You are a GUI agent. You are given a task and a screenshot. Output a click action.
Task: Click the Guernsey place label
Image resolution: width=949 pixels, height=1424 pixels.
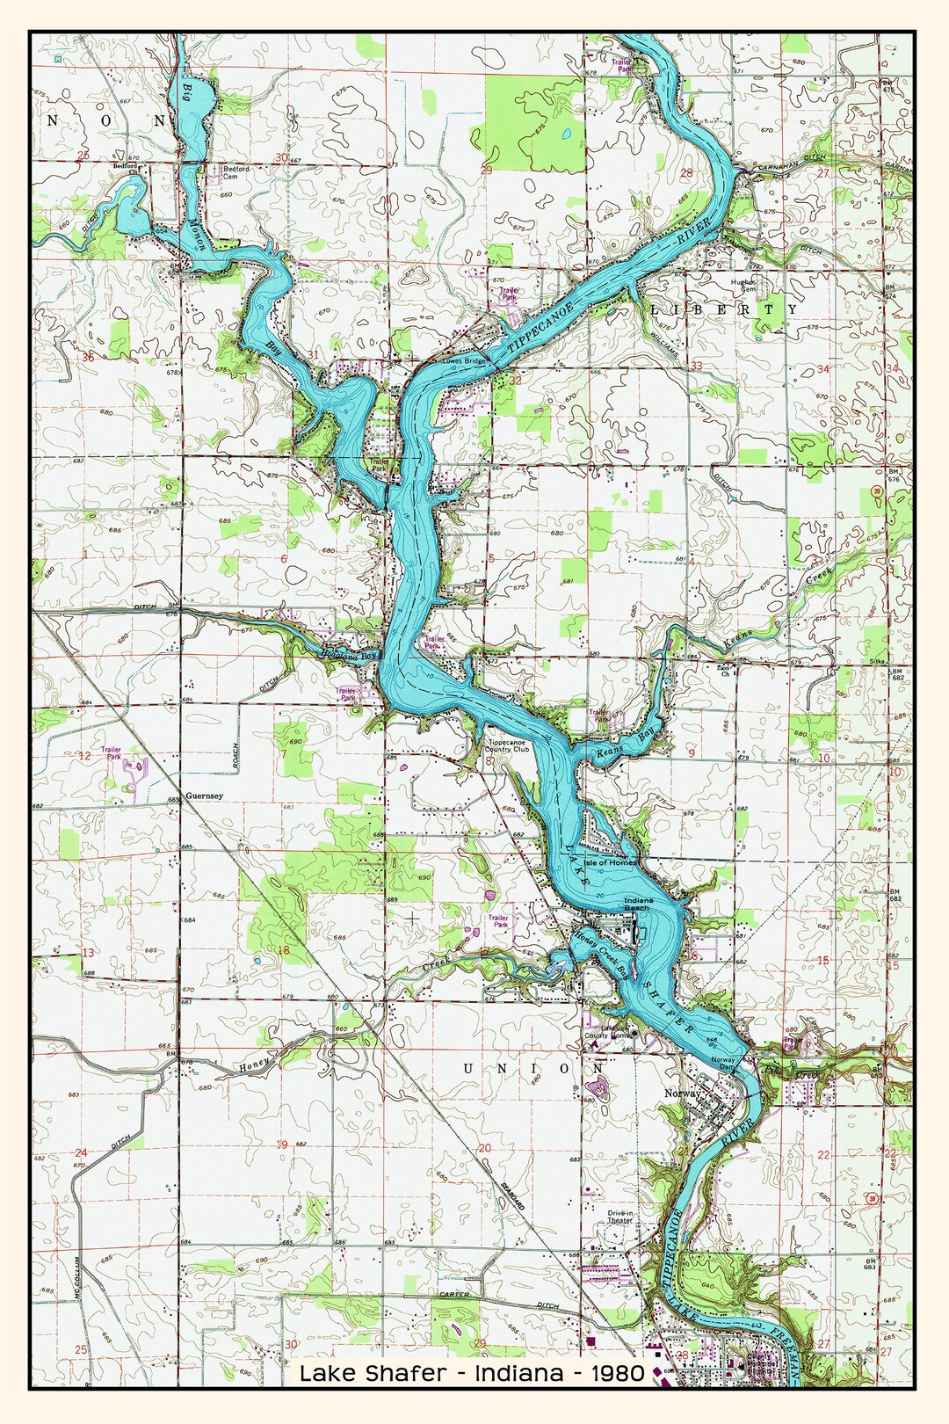204,796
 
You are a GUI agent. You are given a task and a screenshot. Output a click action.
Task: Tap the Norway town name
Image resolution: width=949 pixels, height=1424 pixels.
682,1093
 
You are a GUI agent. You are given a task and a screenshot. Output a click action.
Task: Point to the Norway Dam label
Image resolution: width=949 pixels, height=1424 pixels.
722,1062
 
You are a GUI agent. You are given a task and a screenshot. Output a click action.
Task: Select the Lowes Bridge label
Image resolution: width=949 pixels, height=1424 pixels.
464,360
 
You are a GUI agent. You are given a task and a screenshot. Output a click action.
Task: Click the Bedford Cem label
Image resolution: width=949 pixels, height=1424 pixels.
235,172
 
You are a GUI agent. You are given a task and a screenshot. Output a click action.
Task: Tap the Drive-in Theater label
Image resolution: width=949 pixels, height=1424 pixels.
619,1217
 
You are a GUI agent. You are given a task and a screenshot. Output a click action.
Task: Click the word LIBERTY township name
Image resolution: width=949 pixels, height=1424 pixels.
724,309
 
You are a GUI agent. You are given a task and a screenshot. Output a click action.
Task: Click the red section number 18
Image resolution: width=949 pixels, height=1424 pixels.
283,950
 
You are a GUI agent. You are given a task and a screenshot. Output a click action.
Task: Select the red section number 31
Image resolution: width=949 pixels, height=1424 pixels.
313,354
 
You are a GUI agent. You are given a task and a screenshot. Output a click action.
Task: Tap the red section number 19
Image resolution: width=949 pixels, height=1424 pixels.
281,1144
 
